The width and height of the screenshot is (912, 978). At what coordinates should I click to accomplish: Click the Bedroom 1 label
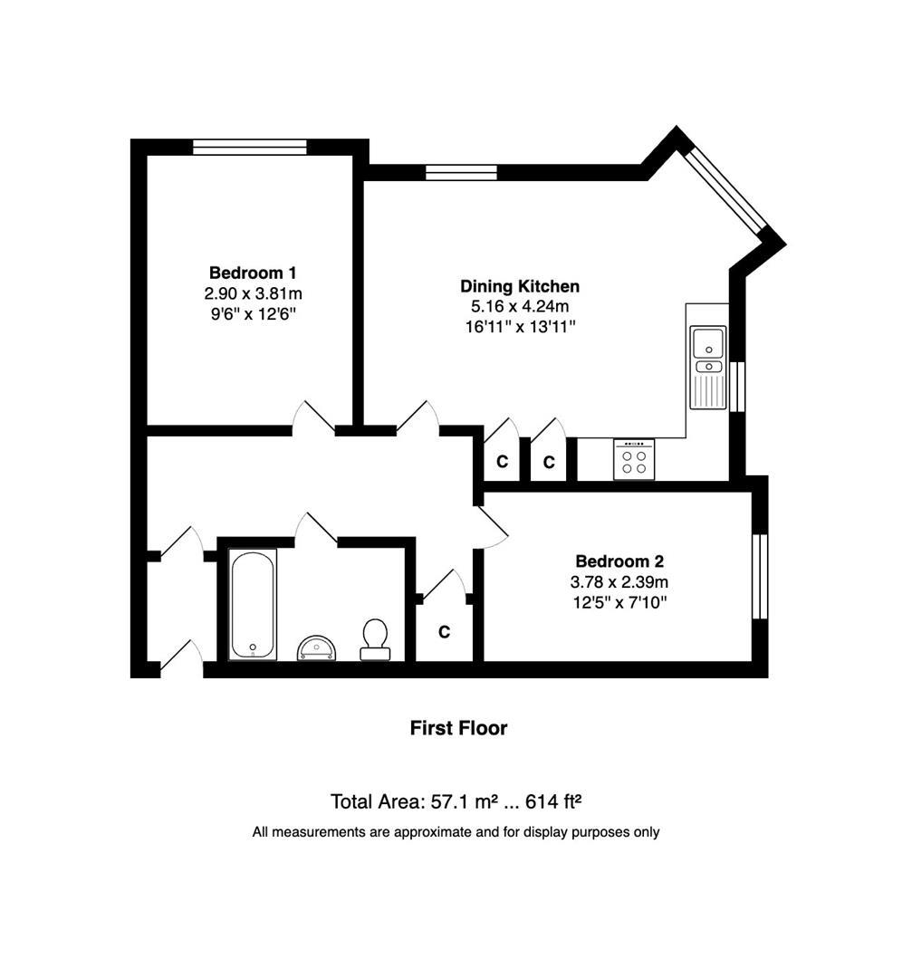click(253, 273)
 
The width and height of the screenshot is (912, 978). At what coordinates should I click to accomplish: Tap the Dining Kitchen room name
click(519, 287)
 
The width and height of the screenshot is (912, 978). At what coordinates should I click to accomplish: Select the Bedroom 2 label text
click(619, 562)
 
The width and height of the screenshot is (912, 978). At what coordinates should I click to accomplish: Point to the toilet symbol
click(375, 638)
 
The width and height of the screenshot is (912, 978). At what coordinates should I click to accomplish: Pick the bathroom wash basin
click(316, 647)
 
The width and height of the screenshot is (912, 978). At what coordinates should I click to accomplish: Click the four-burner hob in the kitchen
click(634, 459)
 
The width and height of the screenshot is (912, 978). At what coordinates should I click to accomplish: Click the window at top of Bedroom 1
click(250, 147)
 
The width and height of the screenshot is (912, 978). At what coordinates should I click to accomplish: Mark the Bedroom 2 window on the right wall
click(759, 577)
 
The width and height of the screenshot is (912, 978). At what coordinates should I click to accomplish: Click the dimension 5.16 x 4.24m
click(519, 307)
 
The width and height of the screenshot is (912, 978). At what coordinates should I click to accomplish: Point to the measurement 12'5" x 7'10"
click(620, 602)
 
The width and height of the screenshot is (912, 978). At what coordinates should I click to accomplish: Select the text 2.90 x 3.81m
click(253, 293)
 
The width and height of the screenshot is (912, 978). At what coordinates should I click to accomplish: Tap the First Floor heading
click(458, 728)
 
